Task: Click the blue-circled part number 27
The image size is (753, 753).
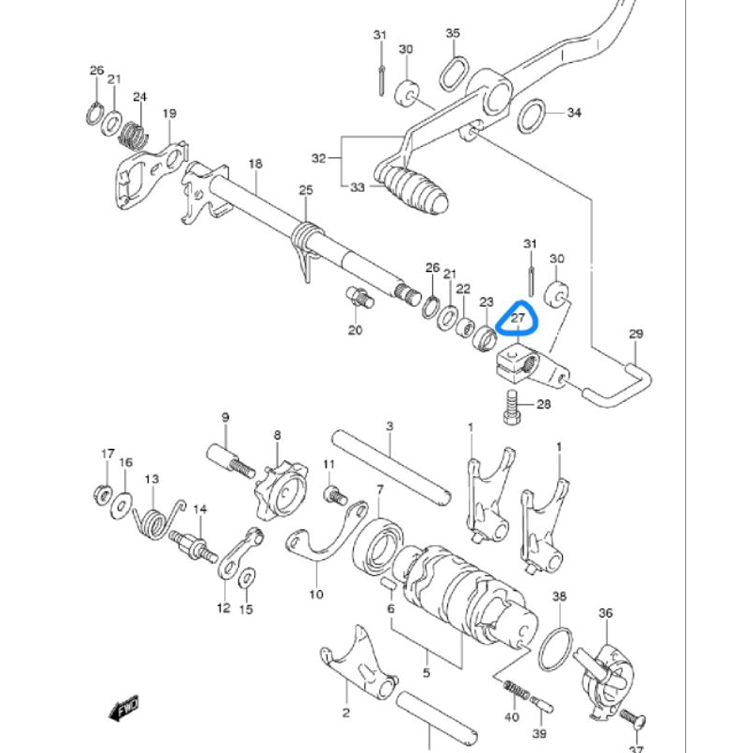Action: pyautogui.click(x=518, y=319)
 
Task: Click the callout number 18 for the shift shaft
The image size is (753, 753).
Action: pyautogui.click(x=255, y=164)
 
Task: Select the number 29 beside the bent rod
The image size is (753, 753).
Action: pyautogui.click(x=635, y=334)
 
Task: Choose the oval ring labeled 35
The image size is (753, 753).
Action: pyautogui.click(x=455, y=70)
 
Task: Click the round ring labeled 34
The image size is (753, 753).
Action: pyautogui.click(x=532, y=114)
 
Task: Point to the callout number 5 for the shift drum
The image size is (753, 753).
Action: pyautogui.click(x=425, y=673)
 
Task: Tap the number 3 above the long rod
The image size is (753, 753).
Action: pyautogui.click(x=389, y=426)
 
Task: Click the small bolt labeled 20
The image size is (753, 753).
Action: pyautogui.click(x=360, y=297)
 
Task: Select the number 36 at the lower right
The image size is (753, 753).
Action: pyautogui.click(x=605, y=613)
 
